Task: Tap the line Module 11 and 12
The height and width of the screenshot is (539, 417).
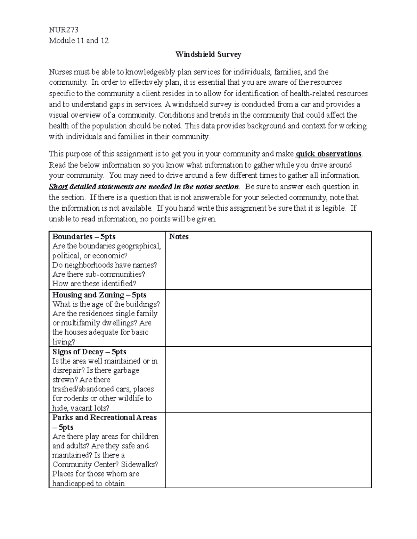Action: tap(79, 41)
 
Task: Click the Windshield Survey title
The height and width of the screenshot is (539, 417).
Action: tap(208, 54)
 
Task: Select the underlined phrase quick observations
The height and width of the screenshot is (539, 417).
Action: tap(328, 154)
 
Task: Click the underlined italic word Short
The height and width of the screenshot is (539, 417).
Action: tap(58, 187)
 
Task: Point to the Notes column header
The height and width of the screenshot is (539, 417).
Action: tap(179, 237)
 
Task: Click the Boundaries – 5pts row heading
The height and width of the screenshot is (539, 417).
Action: tap(84, 237)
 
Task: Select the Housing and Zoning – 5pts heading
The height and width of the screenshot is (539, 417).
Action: tap(99, 295)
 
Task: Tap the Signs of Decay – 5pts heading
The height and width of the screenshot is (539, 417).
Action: tap(89, 352)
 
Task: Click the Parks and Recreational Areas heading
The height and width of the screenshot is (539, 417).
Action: tap(104, 418)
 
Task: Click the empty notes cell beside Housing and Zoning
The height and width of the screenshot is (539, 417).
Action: tap(268, 318)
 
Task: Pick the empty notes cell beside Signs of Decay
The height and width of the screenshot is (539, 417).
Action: tap(268, 379)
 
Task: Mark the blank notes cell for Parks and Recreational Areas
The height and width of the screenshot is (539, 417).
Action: tap(268, 450)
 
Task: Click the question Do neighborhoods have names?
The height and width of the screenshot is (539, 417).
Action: tap(104, 265)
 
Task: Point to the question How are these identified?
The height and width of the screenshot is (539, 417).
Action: tap(94, 284)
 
